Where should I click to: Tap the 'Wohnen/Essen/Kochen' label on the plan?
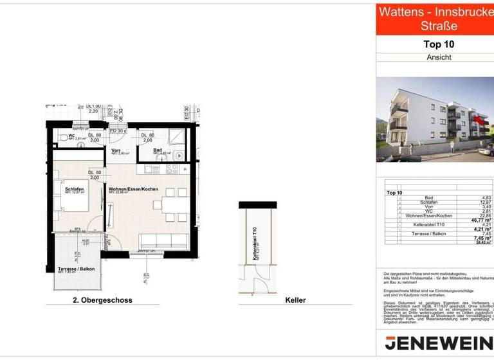click(133, 188)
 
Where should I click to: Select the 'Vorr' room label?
click(116, 150)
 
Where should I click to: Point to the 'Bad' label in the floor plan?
click(158, 150)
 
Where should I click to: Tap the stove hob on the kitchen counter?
click(172, 169)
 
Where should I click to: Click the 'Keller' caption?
click(295, 300)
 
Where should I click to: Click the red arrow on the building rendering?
click(478, 118)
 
